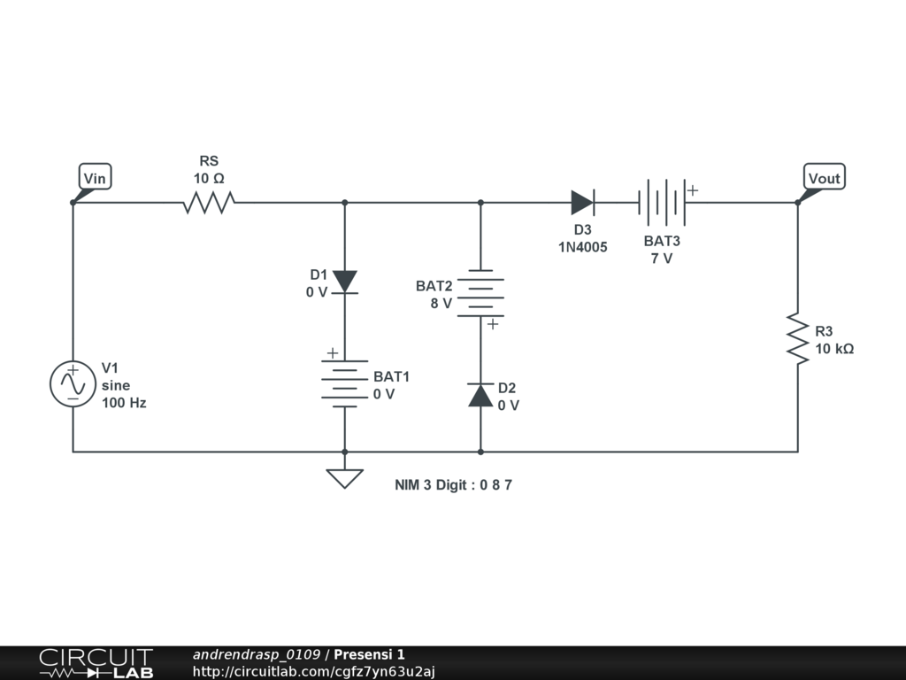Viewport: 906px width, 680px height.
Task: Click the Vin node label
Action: click(95, 178)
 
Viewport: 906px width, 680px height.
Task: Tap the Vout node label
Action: click(824, 178)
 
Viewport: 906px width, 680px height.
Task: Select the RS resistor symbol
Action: click(208, 203)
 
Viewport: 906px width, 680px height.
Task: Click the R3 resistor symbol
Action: click(797, 337)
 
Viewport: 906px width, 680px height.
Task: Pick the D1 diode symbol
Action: click(345, 282)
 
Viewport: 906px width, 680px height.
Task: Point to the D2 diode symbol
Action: click(480, 395)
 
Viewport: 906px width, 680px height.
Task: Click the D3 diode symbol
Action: click(581, 203)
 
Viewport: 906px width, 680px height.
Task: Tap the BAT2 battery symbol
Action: click(480, 295)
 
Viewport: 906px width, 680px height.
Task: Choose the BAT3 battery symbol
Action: click(662, 203)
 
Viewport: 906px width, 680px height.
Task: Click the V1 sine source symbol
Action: click(73, 384)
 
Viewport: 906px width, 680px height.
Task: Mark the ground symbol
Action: click(345, 477)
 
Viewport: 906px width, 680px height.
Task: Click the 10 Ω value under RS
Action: click(209, 178)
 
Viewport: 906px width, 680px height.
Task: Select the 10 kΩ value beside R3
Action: click(834, 349)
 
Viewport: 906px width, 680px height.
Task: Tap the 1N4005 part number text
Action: click(582, 247)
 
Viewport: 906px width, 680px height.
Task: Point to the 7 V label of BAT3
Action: click(662, 259)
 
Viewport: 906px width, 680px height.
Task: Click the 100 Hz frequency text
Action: click(124, 403)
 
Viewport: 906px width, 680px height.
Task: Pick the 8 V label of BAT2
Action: click(441, 303)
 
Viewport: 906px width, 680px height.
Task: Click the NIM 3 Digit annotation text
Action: click(453, 485)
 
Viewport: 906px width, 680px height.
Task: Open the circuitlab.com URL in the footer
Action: click(314, 671)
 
